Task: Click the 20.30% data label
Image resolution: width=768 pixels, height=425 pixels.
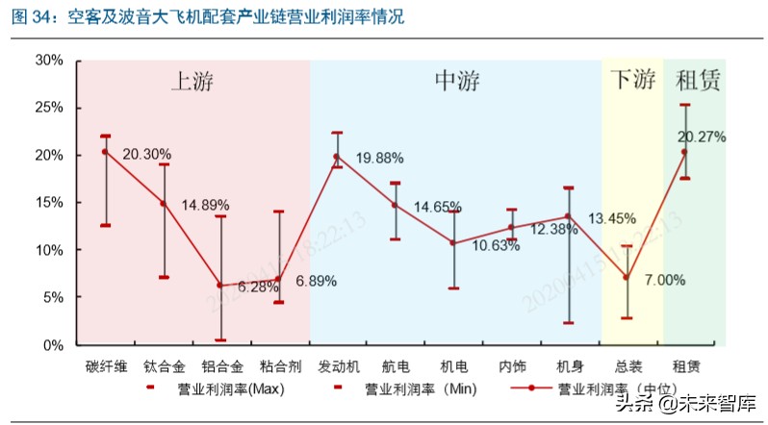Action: tap(147, 154)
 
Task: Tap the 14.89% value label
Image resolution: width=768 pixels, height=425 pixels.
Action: tap(197, 205)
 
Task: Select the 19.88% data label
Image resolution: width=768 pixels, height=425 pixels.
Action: tap(379, 158)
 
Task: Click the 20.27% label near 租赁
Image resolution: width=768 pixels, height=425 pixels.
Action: tap(702, 137)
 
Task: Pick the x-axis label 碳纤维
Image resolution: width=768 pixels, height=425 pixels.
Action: tap(105, 367)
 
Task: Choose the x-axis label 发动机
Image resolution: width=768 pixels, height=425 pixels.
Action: tap(337, 367)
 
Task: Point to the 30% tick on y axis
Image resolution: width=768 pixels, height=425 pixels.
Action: tap(49, 60)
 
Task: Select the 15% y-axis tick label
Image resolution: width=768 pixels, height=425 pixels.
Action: tap(49, 202)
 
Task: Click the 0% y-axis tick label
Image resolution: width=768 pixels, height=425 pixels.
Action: tap(53, 344)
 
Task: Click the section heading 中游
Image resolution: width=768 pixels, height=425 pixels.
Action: tap(456, 81)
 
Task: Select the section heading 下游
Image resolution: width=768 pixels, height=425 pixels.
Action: tap(631, 81)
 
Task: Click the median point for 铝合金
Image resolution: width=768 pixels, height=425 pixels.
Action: tap(220, 286)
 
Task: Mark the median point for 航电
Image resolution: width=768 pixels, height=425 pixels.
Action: tap(395, 205)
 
